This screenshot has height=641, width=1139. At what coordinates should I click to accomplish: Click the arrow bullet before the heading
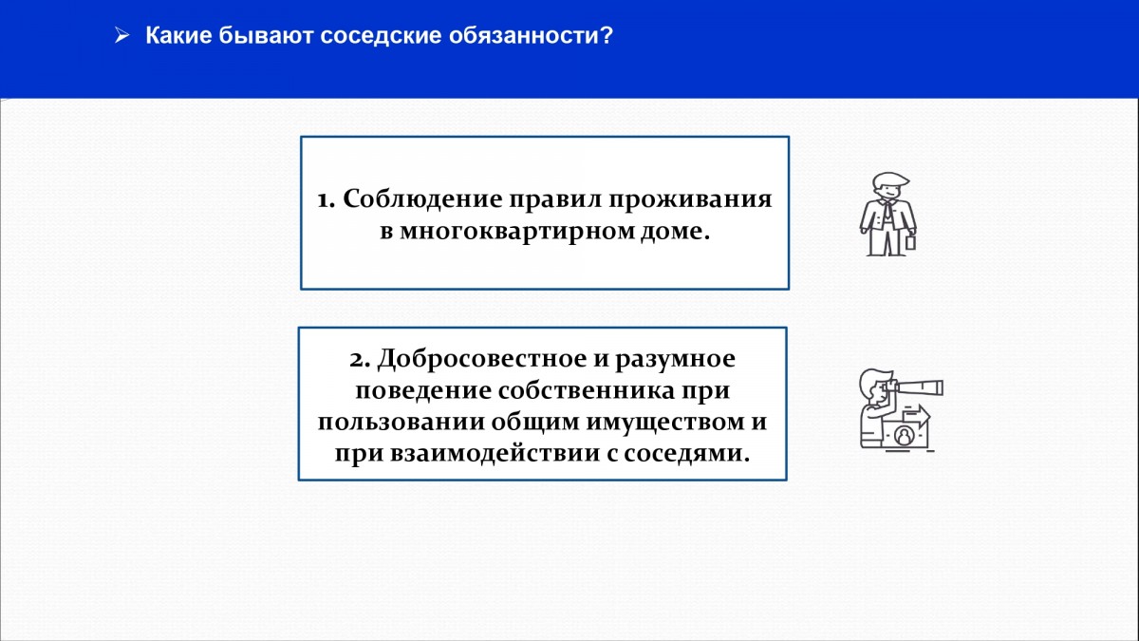tap(122, 36)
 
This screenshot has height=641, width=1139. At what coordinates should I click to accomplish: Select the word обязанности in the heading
tap(523, 36)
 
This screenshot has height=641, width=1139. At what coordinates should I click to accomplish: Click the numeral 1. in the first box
tap(326, 199)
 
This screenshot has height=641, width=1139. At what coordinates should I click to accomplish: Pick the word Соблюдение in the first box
tap(422, 198)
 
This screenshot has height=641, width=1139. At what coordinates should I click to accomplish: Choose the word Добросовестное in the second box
tap(482, 359)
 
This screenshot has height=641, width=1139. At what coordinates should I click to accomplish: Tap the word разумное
tap(675, 360)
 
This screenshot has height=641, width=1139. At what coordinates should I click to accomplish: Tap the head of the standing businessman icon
tap(889, 186)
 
